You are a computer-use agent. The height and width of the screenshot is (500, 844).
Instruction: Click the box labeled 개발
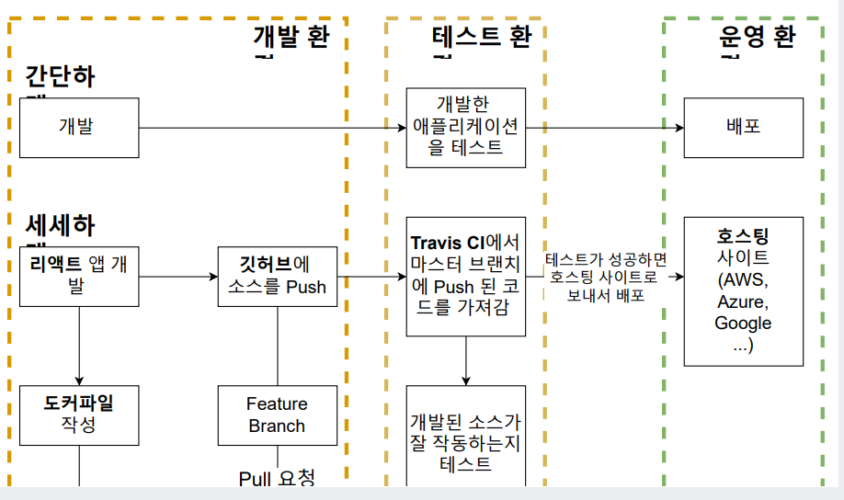[79, 127]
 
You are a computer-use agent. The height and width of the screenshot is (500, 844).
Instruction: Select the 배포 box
[743, 127]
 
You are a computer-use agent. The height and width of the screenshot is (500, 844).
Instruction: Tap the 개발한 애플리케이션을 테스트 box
[466, 128]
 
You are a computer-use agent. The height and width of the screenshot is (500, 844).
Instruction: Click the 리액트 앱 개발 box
[79, 275]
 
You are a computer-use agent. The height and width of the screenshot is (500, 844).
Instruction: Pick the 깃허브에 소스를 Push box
[277, 275]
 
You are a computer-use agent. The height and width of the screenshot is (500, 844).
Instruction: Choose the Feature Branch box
[277, 415]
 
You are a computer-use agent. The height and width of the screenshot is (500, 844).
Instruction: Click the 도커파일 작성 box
[79, 415]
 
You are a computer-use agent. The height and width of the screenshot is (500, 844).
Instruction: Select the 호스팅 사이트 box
[743, 291]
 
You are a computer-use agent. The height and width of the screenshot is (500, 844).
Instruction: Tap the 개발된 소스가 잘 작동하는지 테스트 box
[466, 441]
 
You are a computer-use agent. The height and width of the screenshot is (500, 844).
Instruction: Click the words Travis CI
[447, 244]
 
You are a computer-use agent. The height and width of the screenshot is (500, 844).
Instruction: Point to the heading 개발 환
[291, 38]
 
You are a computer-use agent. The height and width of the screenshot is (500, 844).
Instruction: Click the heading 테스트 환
[481, 38]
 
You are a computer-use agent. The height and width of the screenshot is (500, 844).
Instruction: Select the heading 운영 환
[757, 38]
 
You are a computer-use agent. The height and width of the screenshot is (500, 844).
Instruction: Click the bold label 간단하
[60, 76]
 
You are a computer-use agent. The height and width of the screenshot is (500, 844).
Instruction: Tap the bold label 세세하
[60, 225]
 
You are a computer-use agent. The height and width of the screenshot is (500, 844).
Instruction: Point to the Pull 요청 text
[277, 478]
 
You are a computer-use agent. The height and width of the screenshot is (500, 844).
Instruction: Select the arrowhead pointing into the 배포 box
[678, 127]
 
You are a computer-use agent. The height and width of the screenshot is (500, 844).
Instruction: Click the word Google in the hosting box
[743, 323]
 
